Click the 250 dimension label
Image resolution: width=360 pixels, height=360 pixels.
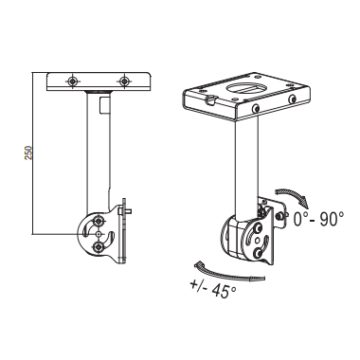tap(28, 153)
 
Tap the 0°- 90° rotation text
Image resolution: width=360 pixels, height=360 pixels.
tap(318, 219)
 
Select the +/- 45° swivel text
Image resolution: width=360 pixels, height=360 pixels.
tap(213, 289)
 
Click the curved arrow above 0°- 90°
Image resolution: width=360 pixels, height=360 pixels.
tap(292, 195)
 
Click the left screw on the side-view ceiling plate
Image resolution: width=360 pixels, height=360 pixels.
tap(73, 81)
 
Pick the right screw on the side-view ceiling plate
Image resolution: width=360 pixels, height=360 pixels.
tap(125, 81)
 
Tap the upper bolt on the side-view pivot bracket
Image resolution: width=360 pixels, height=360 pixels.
tap(99, 220)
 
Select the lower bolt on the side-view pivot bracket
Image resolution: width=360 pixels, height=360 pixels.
tap(99, 247)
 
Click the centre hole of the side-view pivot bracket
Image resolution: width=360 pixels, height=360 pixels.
tap(99, 234)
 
